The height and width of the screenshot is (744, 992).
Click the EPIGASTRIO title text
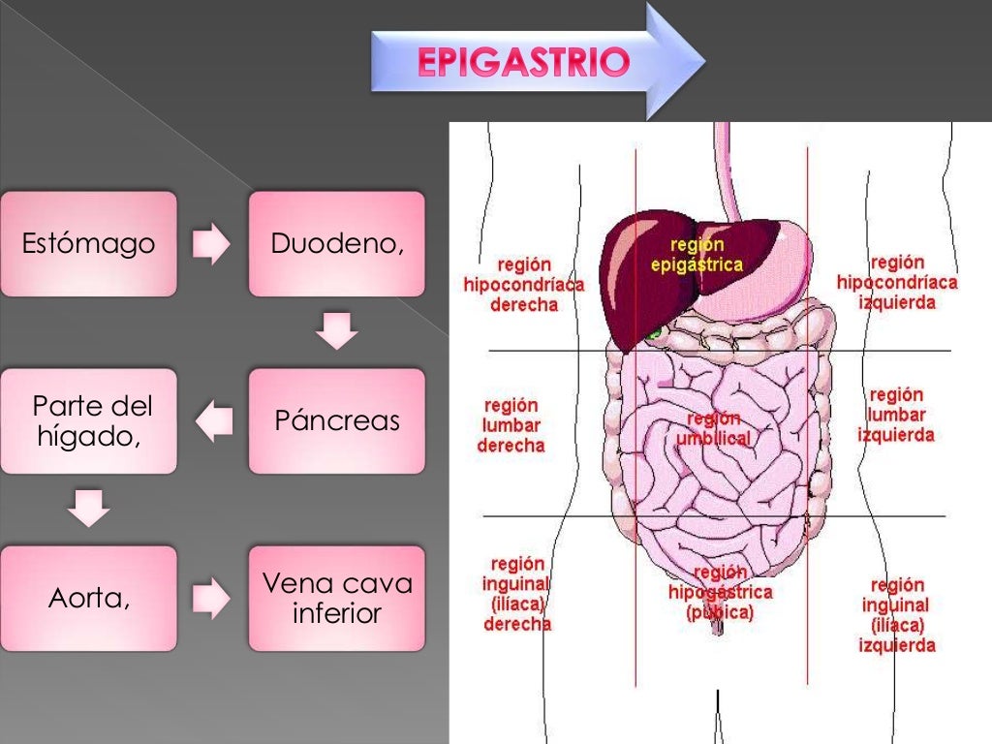point(524,63)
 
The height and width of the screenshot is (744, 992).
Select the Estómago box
point(88,243)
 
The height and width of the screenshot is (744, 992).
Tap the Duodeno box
point(336,243)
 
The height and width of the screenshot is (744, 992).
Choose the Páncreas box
point(336,420)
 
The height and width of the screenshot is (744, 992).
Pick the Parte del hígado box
point(88,420)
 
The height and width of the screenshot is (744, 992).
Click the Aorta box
point(88,598)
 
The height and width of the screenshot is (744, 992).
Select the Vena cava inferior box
point(336,598)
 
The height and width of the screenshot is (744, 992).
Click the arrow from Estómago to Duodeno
point(211,245)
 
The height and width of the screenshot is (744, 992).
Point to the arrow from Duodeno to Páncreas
point(337,330)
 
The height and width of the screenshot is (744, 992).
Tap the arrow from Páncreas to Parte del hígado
point(214,420)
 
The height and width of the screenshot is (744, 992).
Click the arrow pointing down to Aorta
point(89,508)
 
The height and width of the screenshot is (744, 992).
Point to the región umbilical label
point(713,428)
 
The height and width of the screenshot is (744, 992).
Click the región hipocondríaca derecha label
point(524,284)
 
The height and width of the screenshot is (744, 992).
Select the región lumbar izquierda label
point(896,415)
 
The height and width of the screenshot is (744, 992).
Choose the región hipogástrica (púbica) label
point(720,592)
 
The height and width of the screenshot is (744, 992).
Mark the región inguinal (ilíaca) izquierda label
point(896,615)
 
